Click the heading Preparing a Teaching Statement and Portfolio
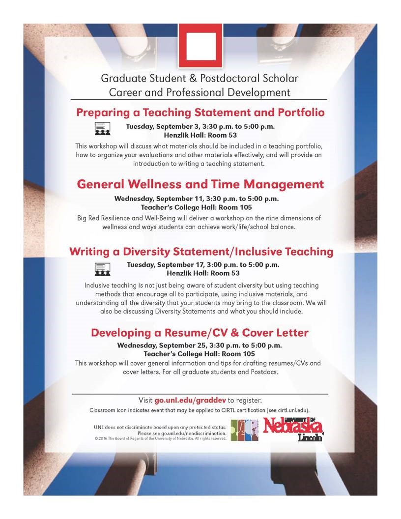(x=200, y=112)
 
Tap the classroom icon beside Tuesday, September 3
(x=102, y=128)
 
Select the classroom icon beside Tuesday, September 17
(x=102, y=268)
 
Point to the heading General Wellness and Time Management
(x=200, y=184)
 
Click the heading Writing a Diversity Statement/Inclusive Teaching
(x=201, y=252)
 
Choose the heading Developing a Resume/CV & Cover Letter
(x=200, y=333)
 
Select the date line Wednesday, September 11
(x=197, y=199)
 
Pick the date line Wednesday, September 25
(x=199, y=345)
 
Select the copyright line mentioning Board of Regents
(x=160, y=438)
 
